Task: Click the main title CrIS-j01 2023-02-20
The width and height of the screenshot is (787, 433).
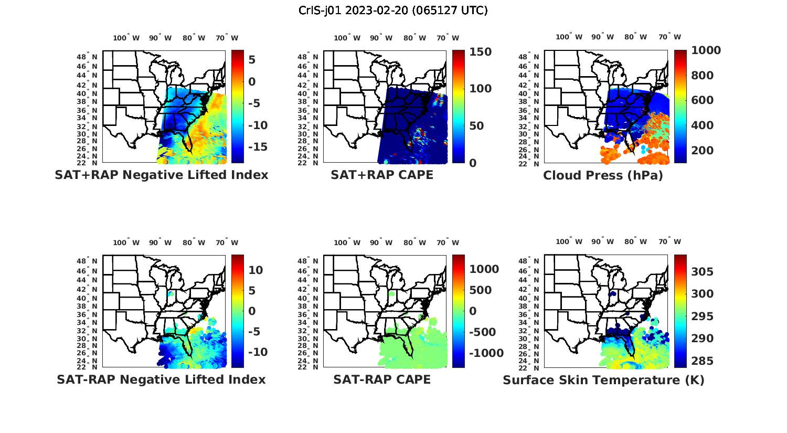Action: click(393, 10)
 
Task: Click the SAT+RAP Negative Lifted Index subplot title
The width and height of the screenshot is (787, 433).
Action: click(161, 175)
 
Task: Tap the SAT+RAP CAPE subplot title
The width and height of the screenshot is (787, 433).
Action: click(382, 175)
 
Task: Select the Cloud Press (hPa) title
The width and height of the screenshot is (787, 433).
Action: click(603, 175)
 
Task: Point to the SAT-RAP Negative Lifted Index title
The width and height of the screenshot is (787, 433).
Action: click(161, 379)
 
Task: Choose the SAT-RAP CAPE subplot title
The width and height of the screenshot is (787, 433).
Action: click(382, 379)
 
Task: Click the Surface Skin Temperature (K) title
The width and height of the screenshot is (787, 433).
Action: click(603, 380)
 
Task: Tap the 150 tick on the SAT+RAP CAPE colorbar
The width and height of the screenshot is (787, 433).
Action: click(480, 52)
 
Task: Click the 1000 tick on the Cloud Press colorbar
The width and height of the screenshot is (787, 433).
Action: click(706, 50)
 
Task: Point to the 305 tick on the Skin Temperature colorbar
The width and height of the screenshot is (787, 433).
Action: click(702, 271)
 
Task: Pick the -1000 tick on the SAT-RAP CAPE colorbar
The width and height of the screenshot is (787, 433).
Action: click(486, 353)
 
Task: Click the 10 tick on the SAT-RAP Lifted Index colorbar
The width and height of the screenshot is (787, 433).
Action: click(256, 270)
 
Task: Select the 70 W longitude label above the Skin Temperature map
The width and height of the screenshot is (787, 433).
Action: click(670, 242)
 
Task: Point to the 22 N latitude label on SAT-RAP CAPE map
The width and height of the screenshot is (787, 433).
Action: click(308, 367)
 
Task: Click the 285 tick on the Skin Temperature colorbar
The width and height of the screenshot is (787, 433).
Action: click(702, 361)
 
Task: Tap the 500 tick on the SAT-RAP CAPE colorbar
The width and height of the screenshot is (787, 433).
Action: click(481, 290)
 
